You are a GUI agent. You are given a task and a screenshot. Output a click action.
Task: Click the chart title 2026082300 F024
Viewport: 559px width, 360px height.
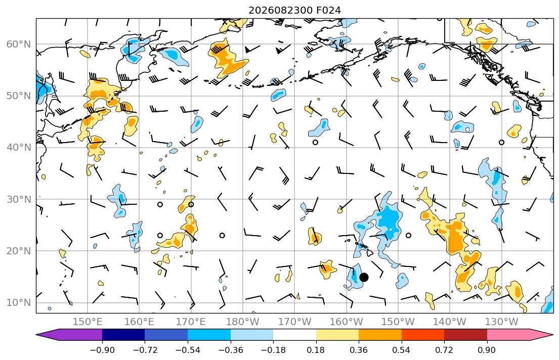point(294,10)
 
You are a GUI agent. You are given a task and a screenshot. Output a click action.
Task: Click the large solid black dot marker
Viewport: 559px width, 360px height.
point(364,277)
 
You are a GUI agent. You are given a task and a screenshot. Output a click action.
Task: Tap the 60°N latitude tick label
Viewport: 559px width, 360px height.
point(19,44)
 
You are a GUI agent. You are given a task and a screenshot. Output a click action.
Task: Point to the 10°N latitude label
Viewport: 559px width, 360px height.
point(19,303)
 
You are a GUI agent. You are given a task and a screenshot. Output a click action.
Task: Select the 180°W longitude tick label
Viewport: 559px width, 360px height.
point(243,322)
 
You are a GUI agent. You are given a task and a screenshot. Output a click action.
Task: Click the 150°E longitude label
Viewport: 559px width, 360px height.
point(88,322)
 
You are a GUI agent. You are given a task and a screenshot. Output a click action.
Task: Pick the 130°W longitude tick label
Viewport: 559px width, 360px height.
point(502,322)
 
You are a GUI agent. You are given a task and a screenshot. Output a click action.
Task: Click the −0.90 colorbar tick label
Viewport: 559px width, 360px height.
point(102,350)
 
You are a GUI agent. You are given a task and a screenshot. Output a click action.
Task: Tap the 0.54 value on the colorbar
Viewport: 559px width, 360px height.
point(402,350)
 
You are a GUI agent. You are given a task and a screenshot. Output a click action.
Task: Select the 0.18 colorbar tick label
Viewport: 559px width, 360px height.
point(316,350)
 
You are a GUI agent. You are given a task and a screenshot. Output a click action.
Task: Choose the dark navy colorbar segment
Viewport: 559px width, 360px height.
point(123,335)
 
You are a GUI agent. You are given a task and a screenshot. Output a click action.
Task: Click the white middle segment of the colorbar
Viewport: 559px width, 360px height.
point(294,335)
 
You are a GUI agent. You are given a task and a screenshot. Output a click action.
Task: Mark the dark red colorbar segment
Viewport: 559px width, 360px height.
point(465,335)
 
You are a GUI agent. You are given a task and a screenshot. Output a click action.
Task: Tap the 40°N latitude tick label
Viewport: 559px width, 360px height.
point(19,148)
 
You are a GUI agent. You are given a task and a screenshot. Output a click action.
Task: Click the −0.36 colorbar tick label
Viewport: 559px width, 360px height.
point(231,350)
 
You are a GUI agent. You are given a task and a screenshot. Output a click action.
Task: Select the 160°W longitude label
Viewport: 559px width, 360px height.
point(346,322)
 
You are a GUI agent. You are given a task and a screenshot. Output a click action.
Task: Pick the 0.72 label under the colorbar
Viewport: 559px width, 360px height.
point(444,350)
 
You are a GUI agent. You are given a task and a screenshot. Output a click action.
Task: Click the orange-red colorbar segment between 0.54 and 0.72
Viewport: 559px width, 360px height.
point(423,335)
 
